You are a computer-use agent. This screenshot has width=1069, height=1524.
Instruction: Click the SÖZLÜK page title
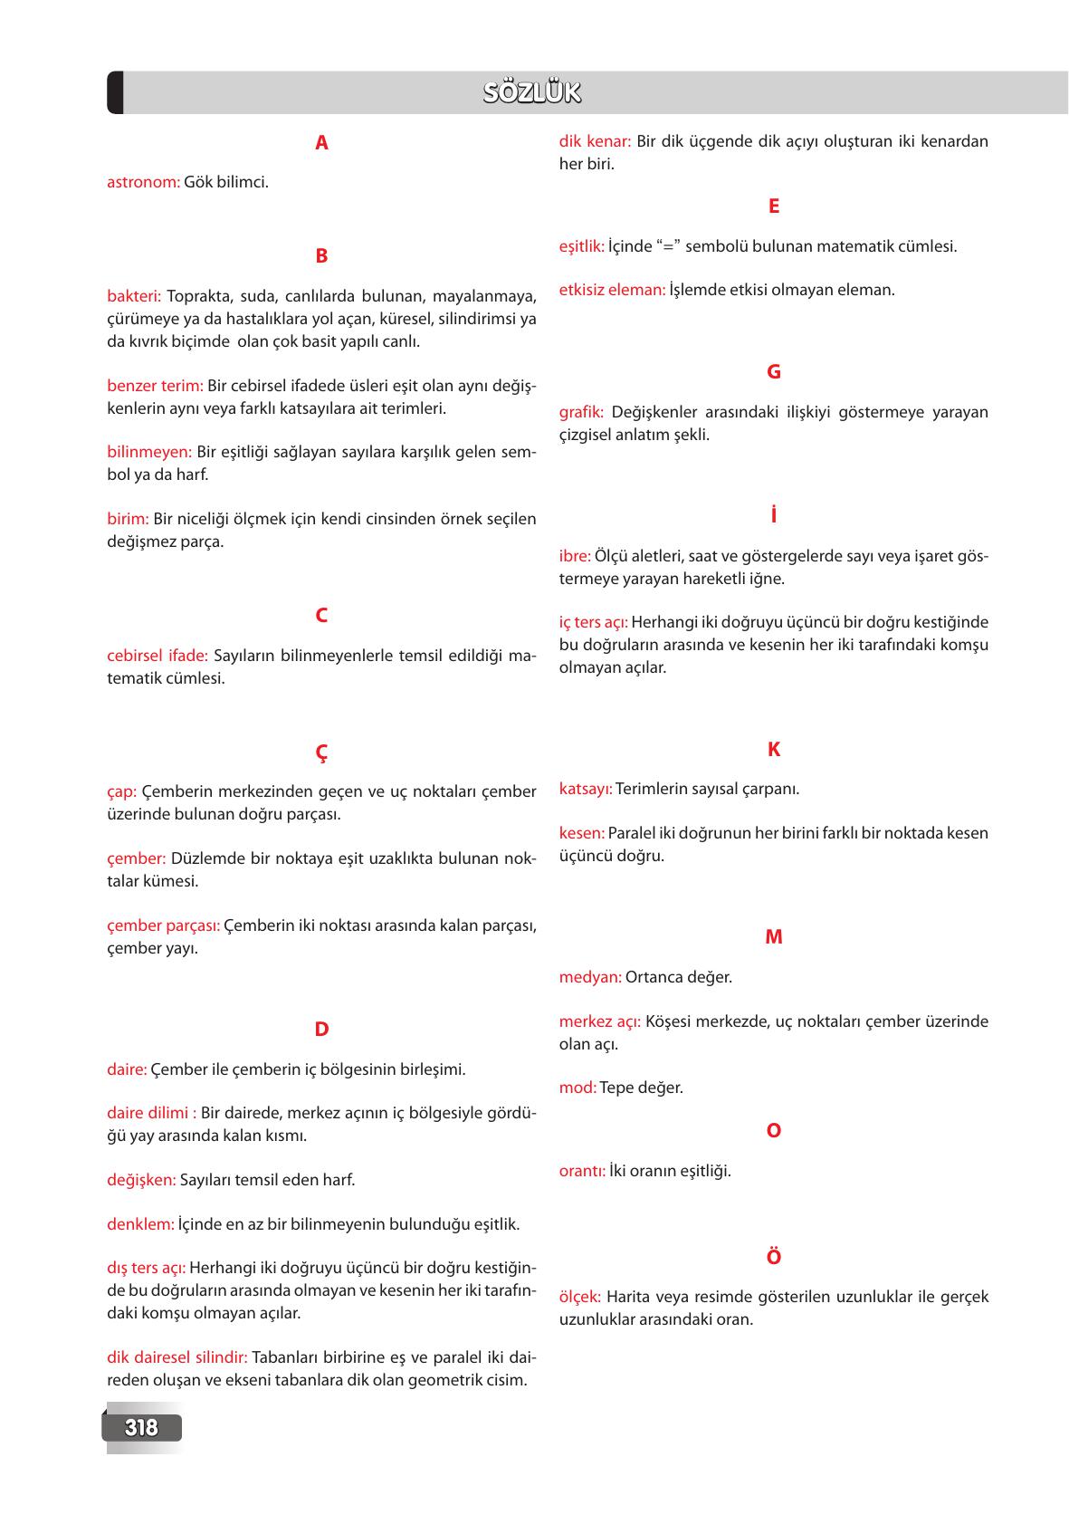(x=532, y=93)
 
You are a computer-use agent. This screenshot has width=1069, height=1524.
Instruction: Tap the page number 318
(x=141, y=1428)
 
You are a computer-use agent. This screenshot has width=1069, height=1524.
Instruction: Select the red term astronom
(x=143, y=182)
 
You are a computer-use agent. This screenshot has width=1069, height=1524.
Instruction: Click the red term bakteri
(x=134, y=296)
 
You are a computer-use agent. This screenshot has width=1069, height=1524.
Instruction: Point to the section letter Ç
(x=321, y=753)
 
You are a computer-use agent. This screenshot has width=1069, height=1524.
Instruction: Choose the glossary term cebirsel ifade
(x=157, y=656)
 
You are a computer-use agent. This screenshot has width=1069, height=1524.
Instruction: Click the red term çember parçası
(x=163, y=926)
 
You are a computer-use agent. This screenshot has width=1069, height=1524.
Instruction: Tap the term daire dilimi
(x=150, y=1113)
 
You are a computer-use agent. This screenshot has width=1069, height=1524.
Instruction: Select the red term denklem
(x=140, y=1224)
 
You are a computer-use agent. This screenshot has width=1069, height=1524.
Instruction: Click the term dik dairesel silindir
(x=177, y=1357)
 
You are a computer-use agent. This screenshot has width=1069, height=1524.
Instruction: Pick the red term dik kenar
(x=595, y=141)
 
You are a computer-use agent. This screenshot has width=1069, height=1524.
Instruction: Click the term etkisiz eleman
(x=612, y=291)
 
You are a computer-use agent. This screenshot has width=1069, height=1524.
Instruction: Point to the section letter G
(x=773, y=372)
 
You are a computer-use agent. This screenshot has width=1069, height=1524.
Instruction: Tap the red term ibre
(x=575, y=556)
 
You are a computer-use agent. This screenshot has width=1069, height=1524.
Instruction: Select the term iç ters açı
(x=593, y=623)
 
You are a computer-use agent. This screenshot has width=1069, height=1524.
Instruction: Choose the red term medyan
(x=590, y=977)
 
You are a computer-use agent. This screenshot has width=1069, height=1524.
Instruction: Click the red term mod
(x=577, y=1088)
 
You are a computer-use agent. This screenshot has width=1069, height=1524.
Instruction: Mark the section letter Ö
(x=773, y=1257)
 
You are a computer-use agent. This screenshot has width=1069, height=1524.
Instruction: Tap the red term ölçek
(x=580, y=1297)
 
